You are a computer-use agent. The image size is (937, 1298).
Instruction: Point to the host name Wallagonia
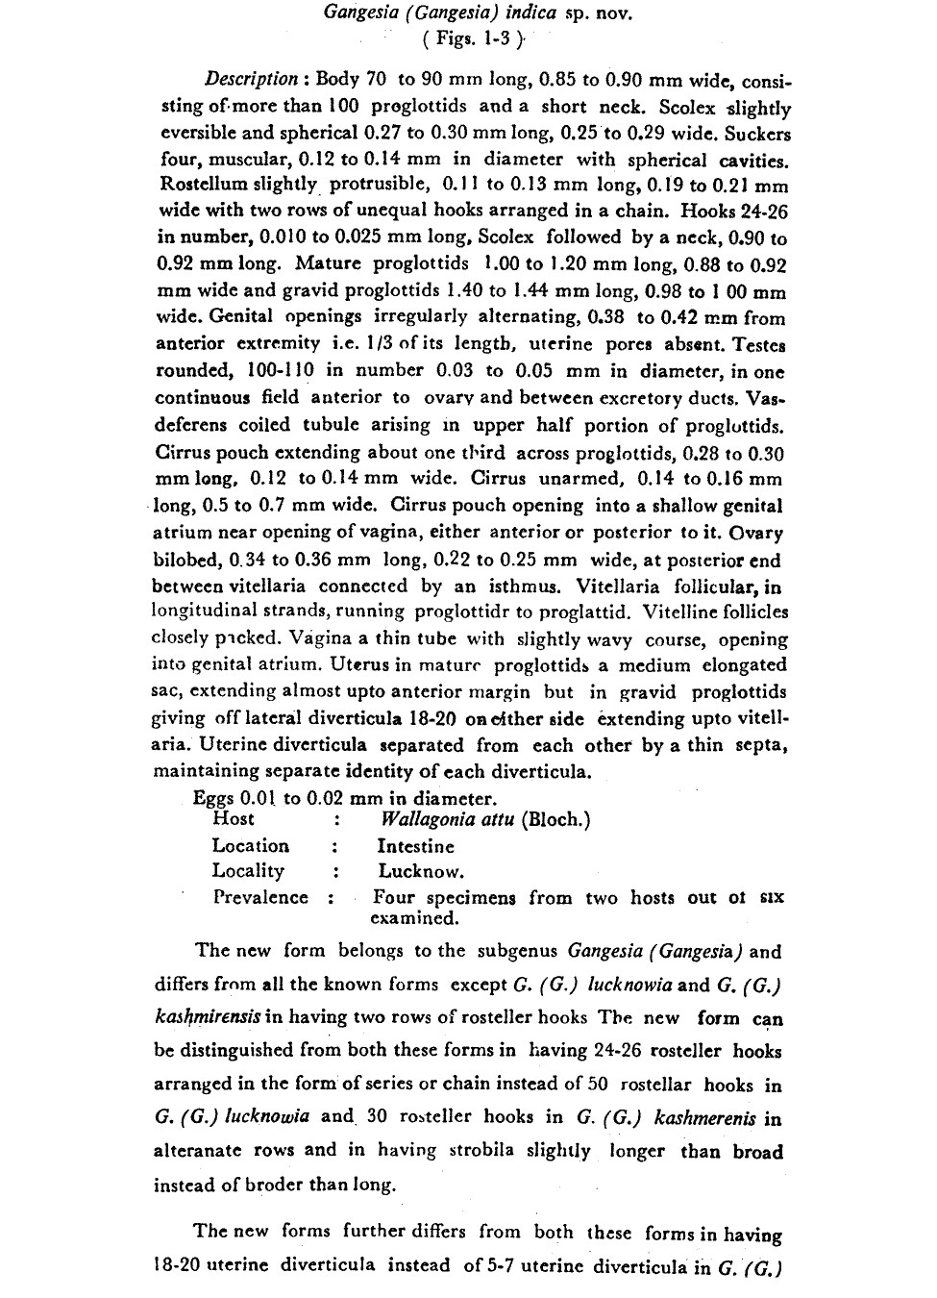(433, 820)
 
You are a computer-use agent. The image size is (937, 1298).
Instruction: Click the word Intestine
(416, 847)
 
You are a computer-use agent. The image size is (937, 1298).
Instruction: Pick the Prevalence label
(260, 898)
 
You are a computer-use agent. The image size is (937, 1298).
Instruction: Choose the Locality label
(248, 871)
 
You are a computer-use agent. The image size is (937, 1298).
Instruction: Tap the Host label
(234, 819)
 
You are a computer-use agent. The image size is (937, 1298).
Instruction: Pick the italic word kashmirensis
(203, 1018)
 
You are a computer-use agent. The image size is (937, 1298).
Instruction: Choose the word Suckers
(756, 133)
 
